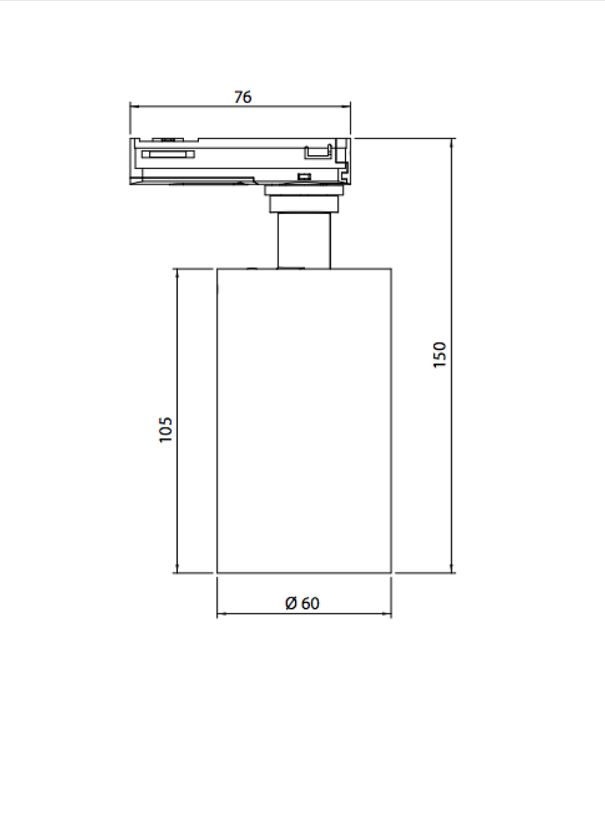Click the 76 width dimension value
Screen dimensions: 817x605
click(x=243, y=97)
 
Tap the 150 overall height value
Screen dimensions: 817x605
click(x=440, y=355)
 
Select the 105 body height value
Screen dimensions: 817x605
click(x=166, y=430)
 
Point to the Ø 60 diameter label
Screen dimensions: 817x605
click(x=302, y=603)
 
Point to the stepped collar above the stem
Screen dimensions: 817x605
click(x=304, y=202)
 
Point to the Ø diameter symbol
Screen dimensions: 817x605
click(x=291, y=603)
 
